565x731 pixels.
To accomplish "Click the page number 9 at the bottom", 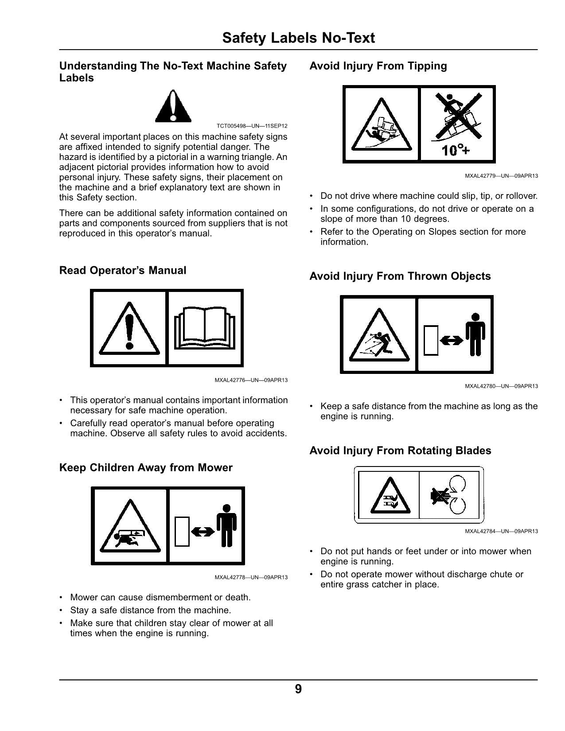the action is pyautogui.click(x=298, y=689).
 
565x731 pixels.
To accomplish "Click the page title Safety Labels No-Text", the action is pyautogui.click(x=299, y=38).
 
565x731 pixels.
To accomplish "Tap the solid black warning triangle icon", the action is pyautogui.click(x=173, y=106).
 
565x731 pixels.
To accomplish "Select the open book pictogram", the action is pyautogui.click(x=205, y=328).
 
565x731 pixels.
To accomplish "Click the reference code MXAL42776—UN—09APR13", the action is pyautogui.click(x=251, y=380).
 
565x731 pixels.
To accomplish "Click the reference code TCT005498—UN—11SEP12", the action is pyautogui.click(x=252, y=126).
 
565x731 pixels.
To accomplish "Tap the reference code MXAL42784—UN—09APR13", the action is pyautogui.click(x=501, y=531).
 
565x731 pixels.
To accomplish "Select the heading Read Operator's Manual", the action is pyautogui.click(x=123, y=270).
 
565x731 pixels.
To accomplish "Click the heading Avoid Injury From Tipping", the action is pyautogui.click(x=378, y=66).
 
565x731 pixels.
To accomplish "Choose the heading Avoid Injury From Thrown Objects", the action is pyautogui.click(x=400, y=276).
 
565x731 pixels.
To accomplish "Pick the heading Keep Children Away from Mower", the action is pyautogui.click(x=146, y=467).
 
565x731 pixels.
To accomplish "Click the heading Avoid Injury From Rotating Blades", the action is pyautogui.click(x=401, y=451).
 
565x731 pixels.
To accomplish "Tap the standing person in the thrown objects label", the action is pyautogui.click(x=475, y=334).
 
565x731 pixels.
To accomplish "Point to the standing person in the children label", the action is pyautogui.click(x=226, y=525).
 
